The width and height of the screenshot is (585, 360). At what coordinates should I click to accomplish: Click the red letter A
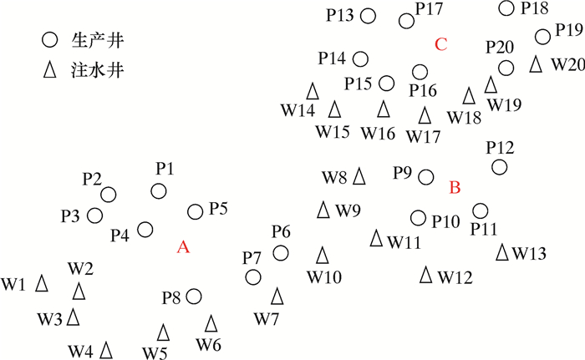click(185, 246)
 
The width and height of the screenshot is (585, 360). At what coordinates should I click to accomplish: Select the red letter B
click(455, 188)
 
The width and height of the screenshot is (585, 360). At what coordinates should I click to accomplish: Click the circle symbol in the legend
click(50, 39)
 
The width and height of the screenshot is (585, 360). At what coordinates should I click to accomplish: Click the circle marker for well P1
click(159, 191)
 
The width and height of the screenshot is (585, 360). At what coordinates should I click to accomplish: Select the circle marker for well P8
click(194, 296)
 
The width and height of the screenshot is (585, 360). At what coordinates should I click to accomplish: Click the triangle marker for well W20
click(536, 63)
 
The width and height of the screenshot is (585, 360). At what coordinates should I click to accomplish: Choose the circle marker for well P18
click(506, 8)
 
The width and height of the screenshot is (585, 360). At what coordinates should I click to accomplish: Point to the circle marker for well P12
click(499, 167)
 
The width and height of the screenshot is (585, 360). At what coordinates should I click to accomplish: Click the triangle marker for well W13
click(502, 251)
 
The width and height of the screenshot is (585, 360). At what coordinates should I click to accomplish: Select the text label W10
click(323, 275)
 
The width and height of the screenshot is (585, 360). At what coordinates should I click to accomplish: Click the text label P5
click(219, 209)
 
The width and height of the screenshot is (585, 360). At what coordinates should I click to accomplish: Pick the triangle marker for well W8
click(359, 176)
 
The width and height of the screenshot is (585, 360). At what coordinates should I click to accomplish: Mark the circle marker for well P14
click(360, 58)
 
